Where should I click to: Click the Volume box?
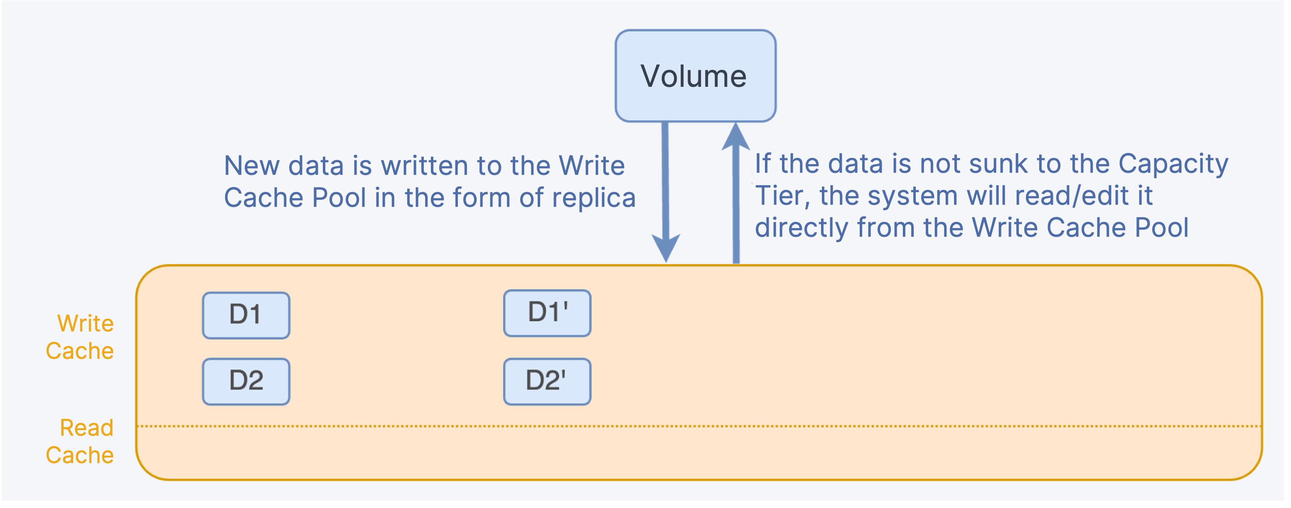[696, 76]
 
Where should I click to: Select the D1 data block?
[246, 316]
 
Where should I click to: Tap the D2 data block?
[246, 381]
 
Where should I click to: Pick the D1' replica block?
[547, 313]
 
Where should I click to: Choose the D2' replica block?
[547, 381]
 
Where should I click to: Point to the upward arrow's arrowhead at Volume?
[736, 136]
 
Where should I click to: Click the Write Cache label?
[80, 337]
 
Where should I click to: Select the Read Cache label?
[80, 442]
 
